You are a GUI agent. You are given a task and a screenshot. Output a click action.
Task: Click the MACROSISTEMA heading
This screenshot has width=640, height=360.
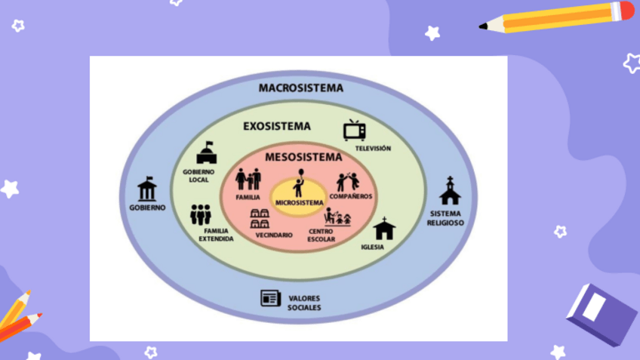(300, 88)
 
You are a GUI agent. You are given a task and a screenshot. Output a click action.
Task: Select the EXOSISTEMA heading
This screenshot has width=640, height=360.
(276, 126)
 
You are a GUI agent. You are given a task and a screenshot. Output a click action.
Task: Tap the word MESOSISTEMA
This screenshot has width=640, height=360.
(303, 158)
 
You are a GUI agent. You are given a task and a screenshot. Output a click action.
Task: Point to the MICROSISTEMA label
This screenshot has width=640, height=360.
(299, 202)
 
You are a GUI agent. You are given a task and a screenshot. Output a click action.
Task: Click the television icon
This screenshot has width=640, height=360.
(354, 131)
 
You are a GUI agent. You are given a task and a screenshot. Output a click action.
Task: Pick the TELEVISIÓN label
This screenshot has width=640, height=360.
(373, 148)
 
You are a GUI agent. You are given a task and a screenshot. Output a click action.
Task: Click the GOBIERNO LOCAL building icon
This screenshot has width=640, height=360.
(206, 153)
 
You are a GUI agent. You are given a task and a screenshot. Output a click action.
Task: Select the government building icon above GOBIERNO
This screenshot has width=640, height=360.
(147, 189)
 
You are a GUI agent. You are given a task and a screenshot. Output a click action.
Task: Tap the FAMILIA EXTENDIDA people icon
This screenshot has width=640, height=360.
(201, 215)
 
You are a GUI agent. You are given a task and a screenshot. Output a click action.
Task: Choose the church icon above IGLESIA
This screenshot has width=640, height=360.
(383, 228)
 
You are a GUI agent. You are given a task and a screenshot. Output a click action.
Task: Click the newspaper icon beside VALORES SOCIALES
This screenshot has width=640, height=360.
(270, 298)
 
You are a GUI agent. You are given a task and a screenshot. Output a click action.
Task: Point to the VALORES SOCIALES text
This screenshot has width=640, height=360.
(303, 303)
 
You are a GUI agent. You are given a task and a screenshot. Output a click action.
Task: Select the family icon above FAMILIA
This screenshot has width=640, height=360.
(248, 180)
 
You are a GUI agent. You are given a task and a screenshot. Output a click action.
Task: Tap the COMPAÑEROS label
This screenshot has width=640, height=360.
(350, 196)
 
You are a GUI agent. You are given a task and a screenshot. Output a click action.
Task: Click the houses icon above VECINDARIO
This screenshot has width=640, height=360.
(260, 219)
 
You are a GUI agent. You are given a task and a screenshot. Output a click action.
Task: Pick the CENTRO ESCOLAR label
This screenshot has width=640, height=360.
(321, 235)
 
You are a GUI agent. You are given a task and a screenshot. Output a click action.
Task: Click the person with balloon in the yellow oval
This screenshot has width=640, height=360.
(299, 183)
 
